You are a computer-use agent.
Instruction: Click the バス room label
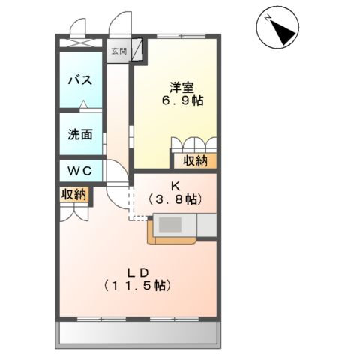tap(80, 79)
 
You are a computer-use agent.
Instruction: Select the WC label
tap(80, 171)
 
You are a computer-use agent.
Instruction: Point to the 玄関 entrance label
tap(118, 52)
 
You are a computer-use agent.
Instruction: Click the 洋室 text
tap(178, 84)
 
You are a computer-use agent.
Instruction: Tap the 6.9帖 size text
tap(178, 99)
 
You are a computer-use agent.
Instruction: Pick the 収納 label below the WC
tap(74, 195)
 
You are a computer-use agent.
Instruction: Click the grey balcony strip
tap(139, 331)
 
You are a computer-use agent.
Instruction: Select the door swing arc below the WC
tap(116, 196)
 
